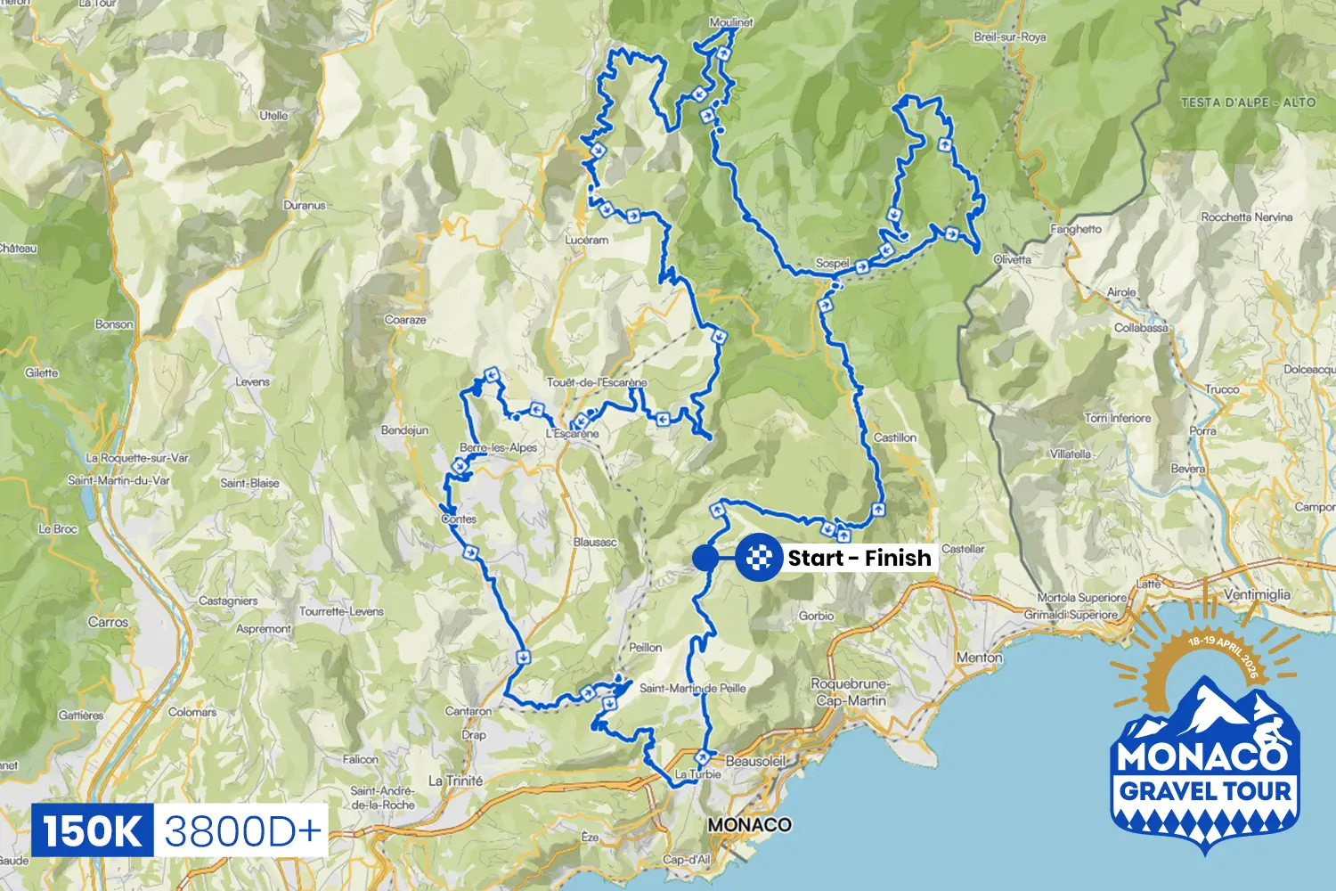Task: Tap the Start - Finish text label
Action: pos(859,558)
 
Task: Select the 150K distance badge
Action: pos(93,831)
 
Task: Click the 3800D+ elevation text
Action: pos(241,831)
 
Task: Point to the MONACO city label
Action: pos(749,824)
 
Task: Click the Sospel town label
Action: pos(833,264)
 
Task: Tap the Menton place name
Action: pos(979,658)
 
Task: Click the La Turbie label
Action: pos(697,774)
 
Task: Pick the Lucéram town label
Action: pos(586,240)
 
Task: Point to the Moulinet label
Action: pos(730,22)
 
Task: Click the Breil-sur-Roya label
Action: pos(1009,37)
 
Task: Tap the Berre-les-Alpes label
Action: pos(498,447)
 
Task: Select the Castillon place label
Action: pos(894,437)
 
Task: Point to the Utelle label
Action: pos(273,116)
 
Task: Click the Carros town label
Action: pos(108,622)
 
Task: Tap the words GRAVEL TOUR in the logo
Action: pos(1204,791)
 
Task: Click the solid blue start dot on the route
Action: pos(705,558)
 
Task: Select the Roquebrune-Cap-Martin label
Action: pos(851,692)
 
